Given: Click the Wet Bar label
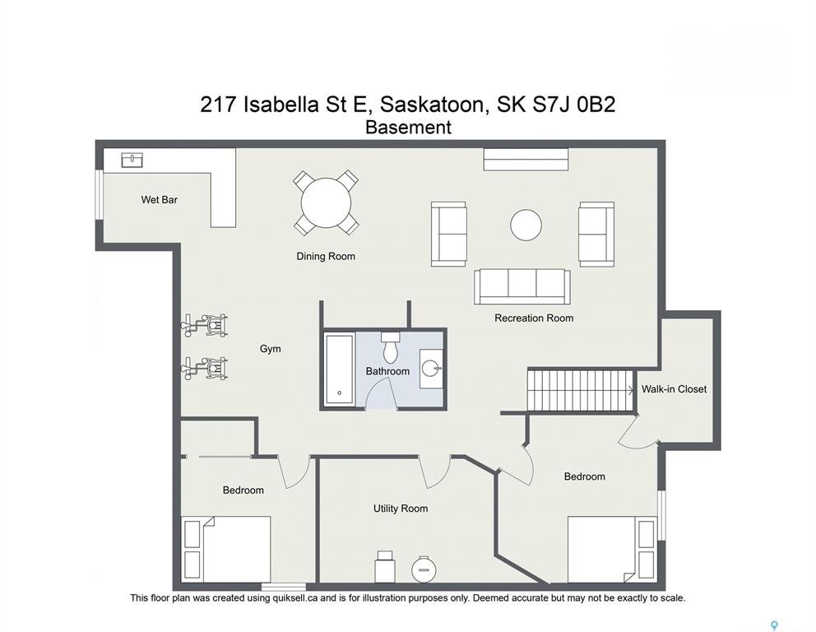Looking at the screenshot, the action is pyautogui.click(x=160, y=199).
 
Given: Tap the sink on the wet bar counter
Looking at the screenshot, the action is pyautogui.click(x=132, y=160).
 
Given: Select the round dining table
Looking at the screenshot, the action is pyautogui.click(x=326, y=202).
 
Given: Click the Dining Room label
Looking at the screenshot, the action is pyautogui.click(x=326, y=256).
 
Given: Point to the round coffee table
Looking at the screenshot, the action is pyautogui.click(x=526, y=225).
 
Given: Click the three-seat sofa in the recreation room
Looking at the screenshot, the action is pyautogui.click(x=522, y=286).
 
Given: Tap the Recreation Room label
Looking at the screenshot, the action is pyautogui.click(x=534, y=318).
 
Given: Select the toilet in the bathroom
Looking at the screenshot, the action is pyautogui.click(x=390, y=347).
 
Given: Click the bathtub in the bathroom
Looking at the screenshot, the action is pyautogui.click(x=340, y=370).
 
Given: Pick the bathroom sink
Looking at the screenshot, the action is pyautogui.click(x=431, y=369).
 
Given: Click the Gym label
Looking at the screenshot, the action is pyautogui.click(x=270, y=349).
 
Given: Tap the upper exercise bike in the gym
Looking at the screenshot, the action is pyautogui.click(x=205, y=325).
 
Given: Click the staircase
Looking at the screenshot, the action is pyautogui.click(x=581, y=390).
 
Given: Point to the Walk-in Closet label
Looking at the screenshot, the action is pyautogui.click(x=674, y=389).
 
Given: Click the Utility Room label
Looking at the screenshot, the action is pyautogui.click(x=401, y=508).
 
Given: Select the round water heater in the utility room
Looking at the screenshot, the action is pyautogui.click(x=422, y=569).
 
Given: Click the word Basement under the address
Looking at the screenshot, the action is pyautogui.click(x=409, y=127).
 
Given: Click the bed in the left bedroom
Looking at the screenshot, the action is pyautogui.click(x=226, y=549).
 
